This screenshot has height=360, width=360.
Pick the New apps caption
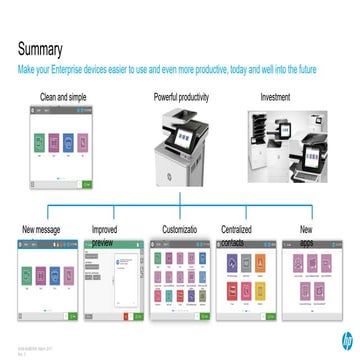click(x=307, y=236)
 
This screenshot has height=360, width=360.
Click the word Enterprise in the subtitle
click(x=77, y=70)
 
